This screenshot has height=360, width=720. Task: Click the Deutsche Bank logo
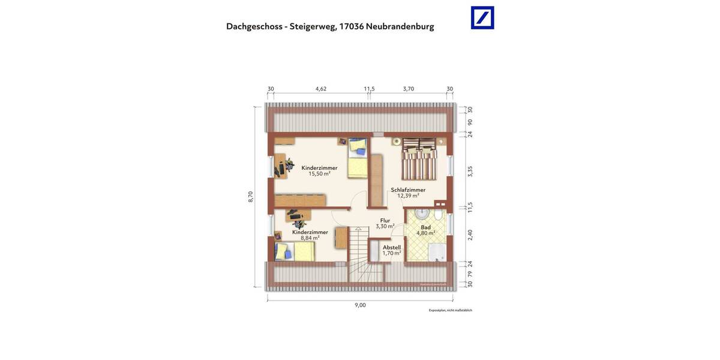click(482, 18)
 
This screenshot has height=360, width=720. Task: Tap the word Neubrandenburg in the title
click(400, 26)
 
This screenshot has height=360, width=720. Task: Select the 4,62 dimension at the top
click(321, 89)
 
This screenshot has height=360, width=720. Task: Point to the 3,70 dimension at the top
click(409, 89)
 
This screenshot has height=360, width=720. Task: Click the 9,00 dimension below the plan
click(360, 305)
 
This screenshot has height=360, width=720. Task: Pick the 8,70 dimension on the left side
click(251, 197)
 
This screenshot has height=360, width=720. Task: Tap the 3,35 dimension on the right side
click(470, 171)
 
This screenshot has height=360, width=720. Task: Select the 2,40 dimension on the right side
click(470, 235)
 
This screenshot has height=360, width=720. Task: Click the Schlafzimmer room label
click(408, 190)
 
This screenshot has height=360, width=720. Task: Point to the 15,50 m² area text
click(319, 174)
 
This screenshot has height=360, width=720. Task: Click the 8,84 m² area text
click(310, 238)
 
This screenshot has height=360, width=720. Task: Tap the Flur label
click(385, 220)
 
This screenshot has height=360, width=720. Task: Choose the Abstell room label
click(392, 247)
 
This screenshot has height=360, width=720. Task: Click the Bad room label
click(425, 227)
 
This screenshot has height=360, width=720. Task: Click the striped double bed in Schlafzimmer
click(419, 159)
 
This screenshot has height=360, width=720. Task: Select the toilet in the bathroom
click(439, 215)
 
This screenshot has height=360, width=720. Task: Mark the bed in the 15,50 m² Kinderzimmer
click(358, 157)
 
